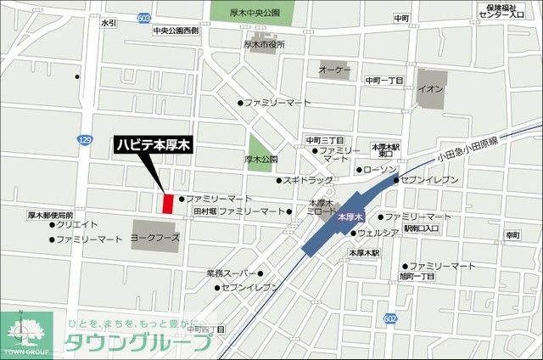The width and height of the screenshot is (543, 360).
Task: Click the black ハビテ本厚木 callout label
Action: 154,145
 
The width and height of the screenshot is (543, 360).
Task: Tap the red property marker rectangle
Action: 168,205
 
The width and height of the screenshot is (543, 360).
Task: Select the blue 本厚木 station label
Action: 350,218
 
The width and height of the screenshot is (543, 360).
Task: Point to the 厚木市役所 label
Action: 264,44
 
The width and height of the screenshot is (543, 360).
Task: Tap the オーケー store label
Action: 334,69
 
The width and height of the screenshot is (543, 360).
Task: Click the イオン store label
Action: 431,89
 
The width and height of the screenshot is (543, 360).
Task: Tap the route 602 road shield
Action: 389,318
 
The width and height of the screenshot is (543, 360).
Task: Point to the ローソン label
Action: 378,170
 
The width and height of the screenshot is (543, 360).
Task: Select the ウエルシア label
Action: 378,232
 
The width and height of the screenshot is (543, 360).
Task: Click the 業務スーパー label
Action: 230,273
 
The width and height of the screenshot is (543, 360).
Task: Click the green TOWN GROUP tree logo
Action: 25,332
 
